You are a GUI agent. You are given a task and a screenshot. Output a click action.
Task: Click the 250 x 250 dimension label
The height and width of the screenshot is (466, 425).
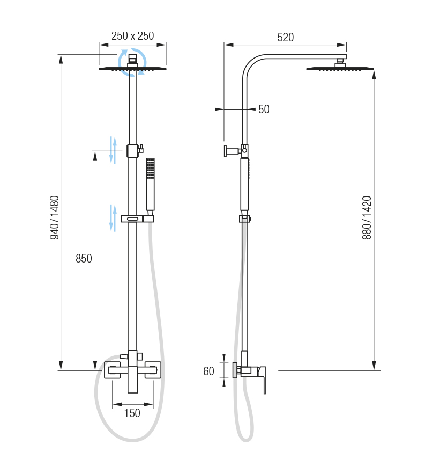[132, 36]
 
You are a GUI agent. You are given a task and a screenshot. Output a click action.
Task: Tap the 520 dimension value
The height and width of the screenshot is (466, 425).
[285, 38]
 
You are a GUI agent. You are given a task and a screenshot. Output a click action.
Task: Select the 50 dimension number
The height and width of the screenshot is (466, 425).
[264, 110]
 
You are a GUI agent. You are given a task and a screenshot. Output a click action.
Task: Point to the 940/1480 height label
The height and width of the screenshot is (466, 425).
[55, 217]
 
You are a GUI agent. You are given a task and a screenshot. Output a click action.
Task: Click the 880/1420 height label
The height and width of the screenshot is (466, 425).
[367, 217]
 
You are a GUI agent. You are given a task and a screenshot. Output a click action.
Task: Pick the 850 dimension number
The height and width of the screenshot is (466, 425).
[84, 259]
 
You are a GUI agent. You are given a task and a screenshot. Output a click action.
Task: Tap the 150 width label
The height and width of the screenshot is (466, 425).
[132, 413]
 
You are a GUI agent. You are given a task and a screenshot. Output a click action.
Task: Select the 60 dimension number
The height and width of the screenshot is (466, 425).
[208, 371]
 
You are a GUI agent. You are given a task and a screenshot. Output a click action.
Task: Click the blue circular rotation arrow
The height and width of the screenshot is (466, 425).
[131, 62]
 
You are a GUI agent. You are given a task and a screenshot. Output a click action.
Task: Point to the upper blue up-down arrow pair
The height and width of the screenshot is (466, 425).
[113, 150]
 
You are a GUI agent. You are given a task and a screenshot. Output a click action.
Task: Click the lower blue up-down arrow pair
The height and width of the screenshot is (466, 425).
[113, 217]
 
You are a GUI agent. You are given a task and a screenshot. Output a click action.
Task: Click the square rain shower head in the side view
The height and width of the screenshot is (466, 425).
[340, 68]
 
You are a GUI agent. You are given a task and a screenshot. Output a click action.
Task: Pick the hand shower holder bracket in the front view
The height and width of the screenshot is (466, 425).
[137, 219]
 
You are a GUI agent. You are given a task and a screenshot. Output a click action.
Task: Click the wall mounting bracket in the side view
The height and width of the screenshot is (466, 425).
[232, 151]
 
